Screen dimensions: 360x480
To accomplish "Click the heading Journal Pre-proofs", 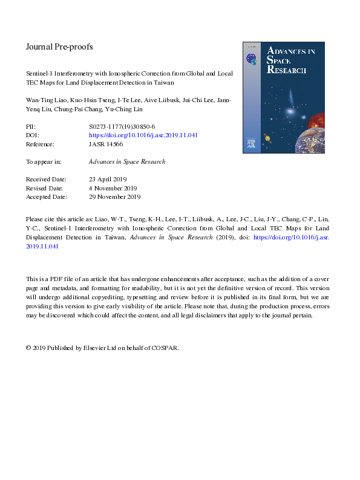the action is [59, 47].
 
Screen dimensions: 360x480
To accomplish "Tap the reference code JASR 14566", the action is [106, 144].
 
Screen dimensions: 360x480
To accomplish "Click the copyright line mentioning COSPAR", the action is [103, 348].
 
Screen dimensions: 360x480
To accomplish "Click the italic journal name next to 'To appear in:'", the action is [127, 162].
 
